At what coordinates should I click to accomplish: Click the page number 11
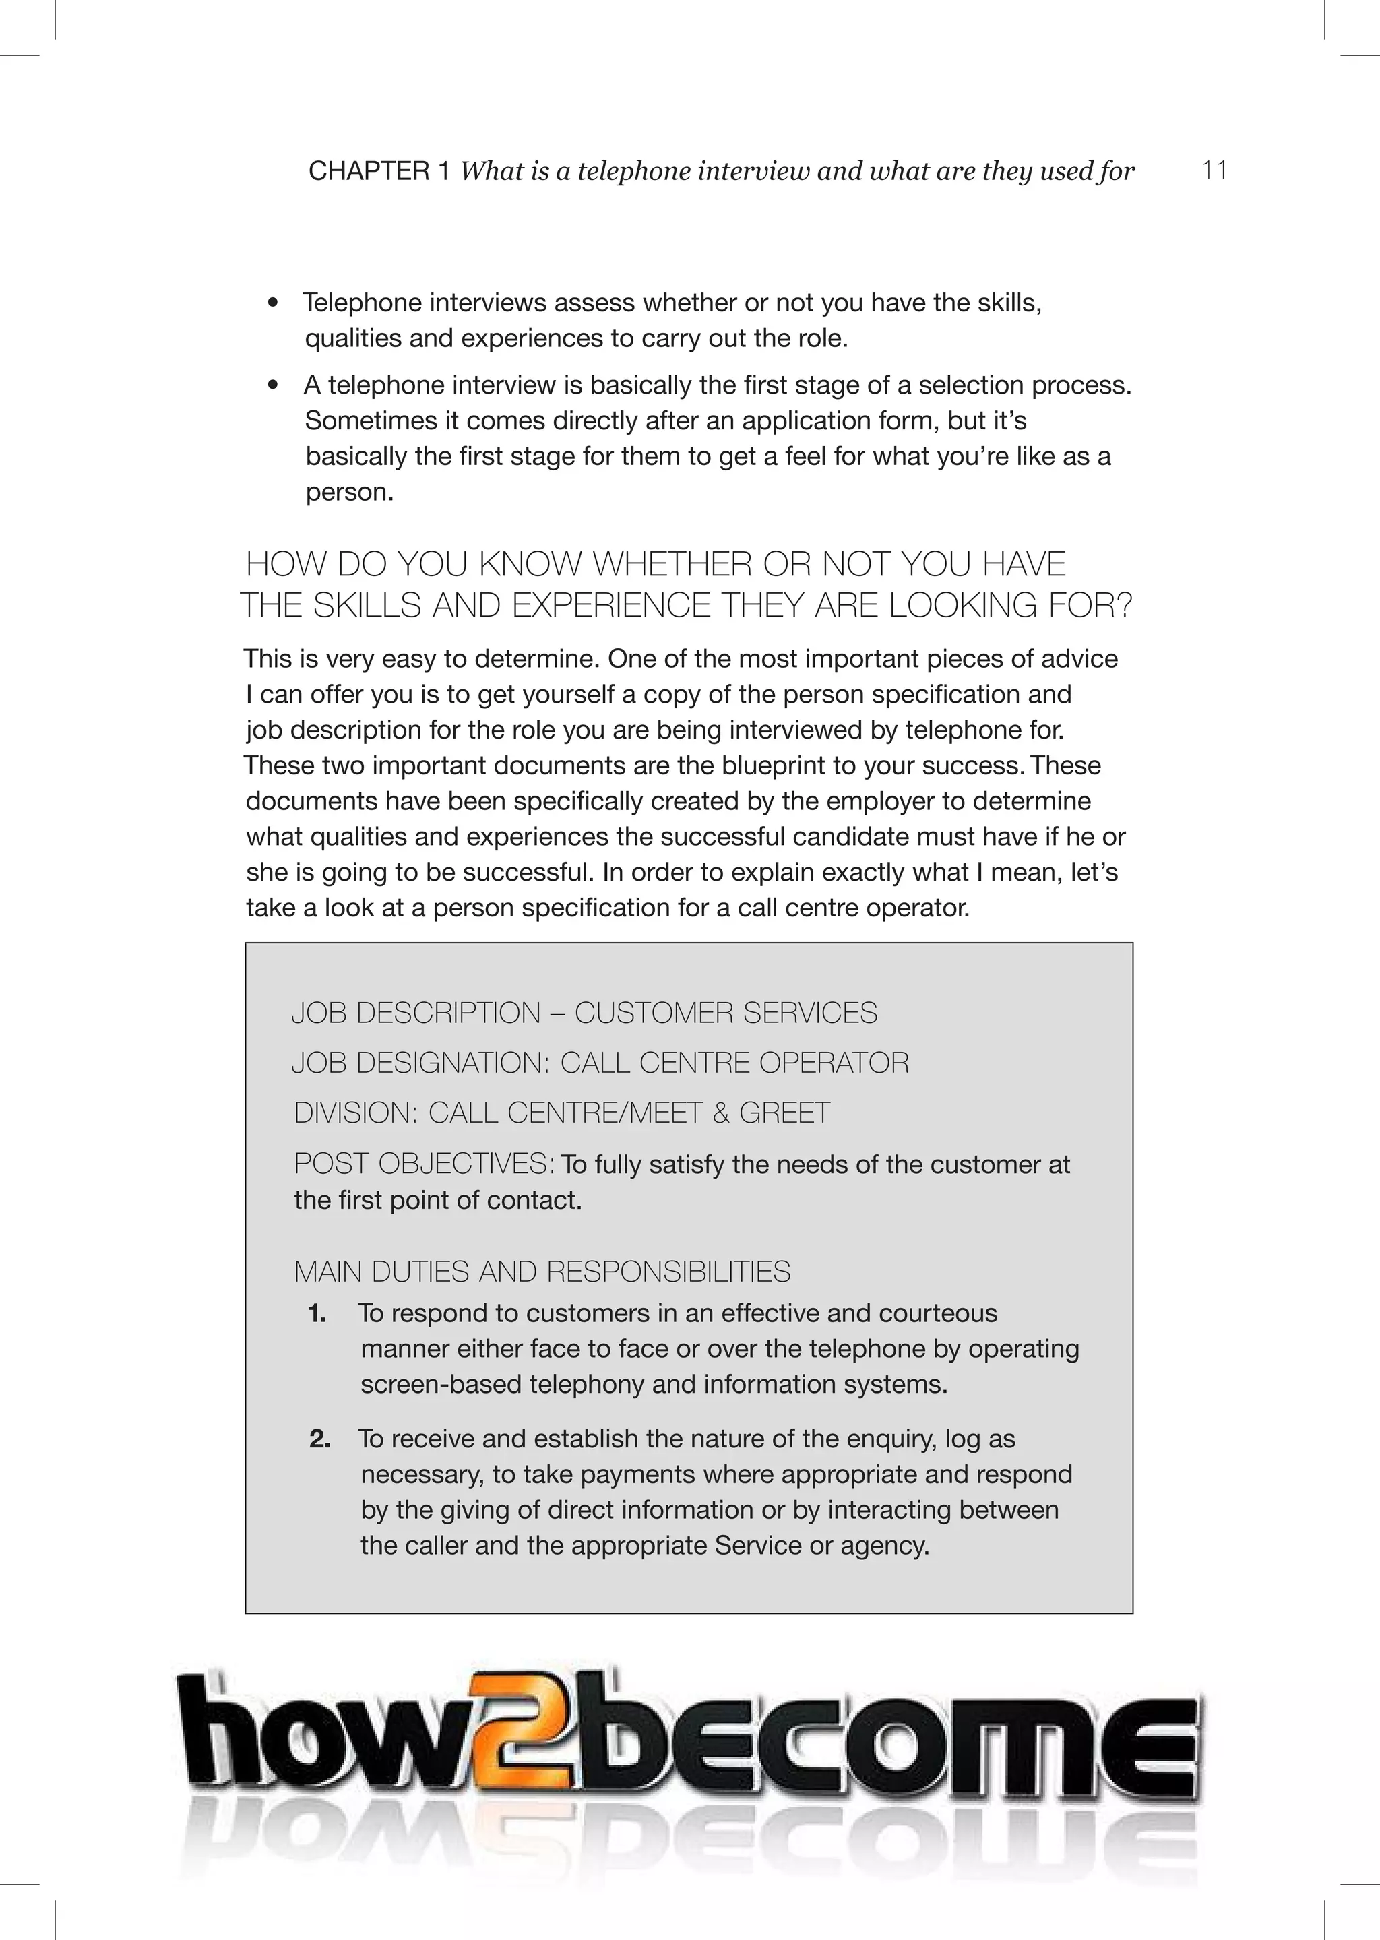click(x=1214, y=170)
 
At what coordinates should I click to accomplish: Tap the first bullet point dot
click(x=272, y=303)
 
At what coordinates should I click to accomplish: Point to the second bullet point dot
click(x=272, y=386)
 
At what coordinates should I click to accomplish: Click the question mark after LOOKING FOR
click(x=1123, y=606)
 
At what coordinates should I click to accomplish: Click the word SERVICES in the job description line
click(x=810, y=1013)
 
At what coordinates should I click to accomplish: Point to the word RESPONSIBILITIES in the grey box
click(x=668, y=1272)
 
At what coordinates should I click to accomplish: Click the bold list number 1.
click(x=317, y=1314)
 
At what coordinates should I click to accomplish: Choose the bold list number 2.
click(x=319, y=1439)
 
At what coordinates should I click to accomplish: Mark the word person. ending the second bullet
click(x=349, y=493)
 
